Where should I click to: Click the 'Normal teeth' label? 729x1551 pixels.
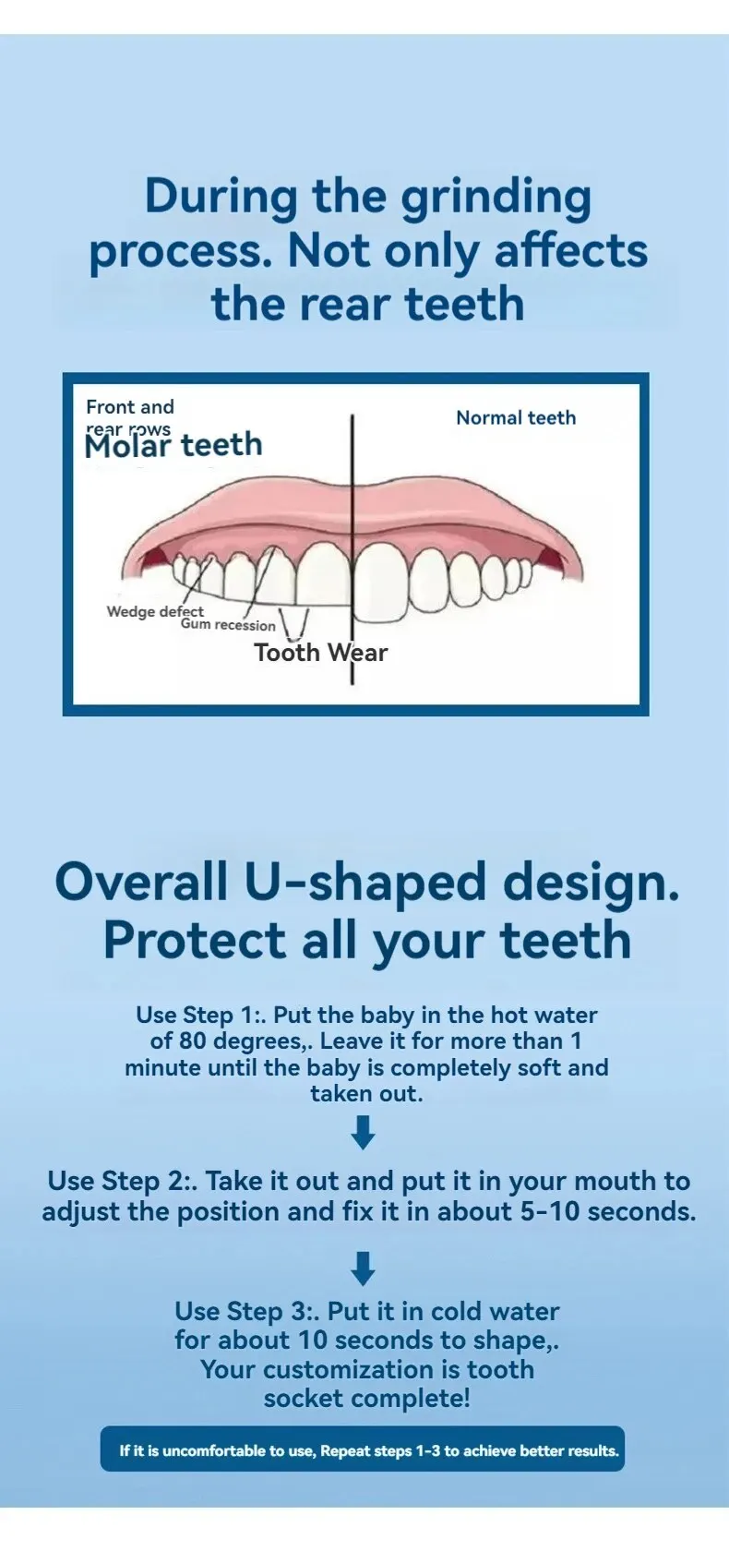pyautogui.click(x=516, y=417)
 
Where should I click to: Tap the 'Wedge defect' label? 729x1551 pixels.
pyautogui.click(x=155, y=611)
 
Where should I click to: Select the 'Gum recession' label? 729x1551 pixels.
pyautogui.click(x=228, y=625)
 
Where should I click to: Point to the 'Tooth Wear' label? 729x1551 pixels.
pyautogui.click(x=320, y=652)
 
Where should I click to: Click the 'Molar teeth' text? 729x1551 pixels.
pyautogui.click(x=173, y=445)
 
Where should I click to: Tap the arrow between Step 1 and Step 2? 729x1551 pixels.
pyautogui.click(x=364, y=1132)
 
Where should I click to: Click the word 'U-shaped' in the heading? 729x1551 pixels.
pyautogui.click(x=365, y=882)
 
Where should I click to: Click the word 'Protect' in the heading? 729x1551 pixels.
pyautogui.click(x=195, y=940)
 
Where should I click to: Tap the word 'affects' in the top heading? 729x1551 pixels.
pyautogui.click(x=571, y=251)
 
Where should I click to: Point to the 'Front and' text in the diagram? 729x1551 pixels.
pyautogui.click(x=130, y=406)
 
